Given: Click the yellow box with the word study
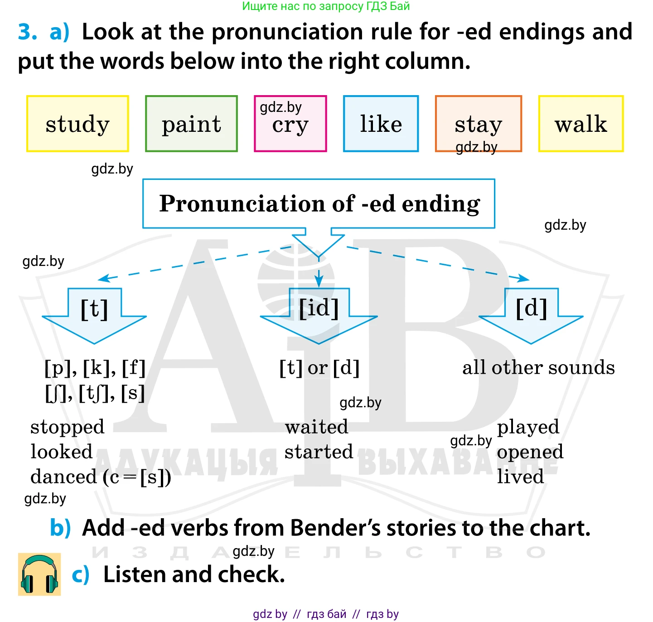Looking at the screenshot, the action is pyautogui.click(x=77, y=124).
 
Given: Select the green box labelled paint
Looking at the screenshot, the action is pyautogui.click(x=191, y=124).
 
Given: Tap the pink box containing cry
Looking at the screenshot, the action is pyautogui.click(x=290, y=124).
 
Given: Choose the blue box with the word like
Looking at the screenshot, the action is pyautogui.click(x=381, y=124).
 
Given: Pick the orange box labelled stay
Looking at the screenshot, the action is pyautogui.click(x=478, y=124).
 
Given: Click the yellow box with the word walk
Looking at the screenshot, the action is pyautogui.click(x=580, y=124).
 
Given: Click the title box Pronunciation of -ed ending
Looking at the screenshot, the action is pyautogui.click(x=319, y=203).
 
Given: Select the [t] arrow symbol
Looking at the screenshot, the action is pyautogui.click(x=94, y=315).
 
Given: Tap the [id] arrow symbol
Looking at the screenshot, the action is pyautogui.click(x=319, y=315).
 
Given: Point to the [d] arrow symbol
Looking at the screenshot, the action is pyautogui.click(x=531, y=315).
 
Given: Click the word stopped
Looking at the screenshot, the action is pyautogui.click(x=68, y=427).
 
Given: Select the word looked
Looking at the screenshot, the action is pyautogui.click(x=62, y=451).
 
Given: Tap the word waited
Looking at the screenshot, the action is pyautogui.click(x=317, y=426).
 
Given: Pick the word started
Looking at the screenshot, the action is pyautogui.click(x=319, y=451).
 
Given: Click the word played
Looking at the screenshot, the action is pyautogui.click(x=528, y=427).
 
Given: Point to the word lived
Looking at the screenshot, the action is pyautogui.click(x=520, y=476).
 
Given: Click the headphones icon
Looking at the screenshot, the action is pyautogui.click(x=39, y=574).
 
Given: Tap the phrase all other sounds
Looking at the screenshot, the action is pyautogui.click(x=538, y=367).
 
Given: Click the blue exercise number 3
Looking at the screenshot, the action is pyautogui.click(x=27, y=32).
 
